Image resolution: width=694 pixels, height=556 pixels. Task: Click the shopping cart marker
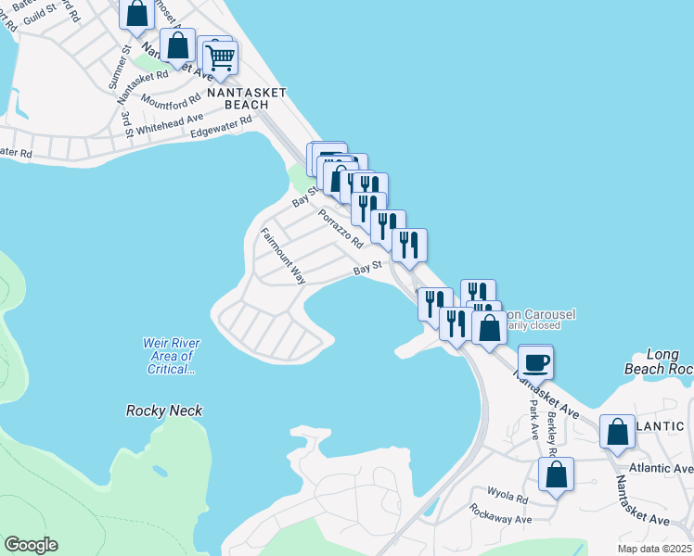point(220,58)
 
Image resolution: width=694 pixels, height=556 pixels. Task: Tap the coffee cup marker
point(537,361)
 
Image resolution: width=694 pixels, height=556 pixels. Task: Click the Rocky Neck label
point(164,411)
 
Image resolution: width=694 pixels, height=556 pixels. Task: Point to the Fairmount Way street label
point(283,256)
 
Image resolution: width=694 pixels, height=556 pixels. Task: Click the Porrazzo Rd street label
point(341,228)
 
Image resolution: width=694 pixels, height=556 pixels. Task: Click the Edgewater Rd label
point(221,127)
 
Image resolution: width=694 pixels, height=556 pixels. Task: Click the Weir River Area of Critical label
point(171,356)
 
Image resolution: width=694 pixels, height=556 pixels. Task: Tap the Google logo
point(31,545)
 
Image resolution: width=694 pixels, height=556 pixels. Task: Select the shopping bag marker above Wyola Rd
point(556,475)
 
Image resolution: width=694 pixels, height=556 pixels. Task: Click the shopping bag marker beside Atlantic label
point(617,433)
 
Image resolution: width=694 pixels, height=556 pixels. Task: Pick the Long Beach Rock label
point(668,362)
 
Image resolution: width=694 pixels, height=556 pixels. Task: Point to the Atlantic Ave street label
point(661,468)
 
